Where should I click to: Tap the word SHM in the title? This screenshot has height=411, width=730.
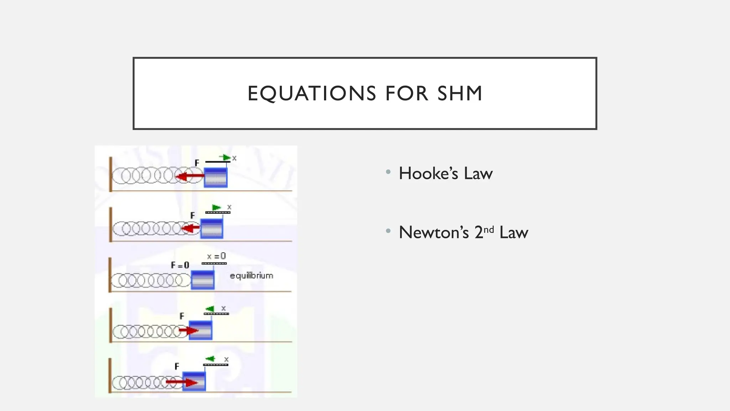[460, 93]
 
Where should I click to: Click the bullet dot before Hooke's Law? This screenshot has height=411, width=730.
[388, 172]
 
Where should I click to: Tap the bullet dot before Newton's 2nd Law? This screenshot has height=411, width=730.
[388, 231]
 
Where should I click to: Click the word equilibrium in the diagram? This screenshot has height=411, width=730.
[252, 276]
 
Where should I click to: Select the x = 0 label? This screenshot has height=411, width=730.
[216, 256]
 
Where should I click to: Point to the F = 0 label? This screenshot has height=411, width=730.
[180, 265]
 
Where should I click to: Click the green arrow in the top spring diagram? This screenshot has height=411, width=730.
[225, 157]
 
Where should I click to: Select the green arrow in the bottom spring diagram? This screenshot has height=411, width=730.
[210, 359]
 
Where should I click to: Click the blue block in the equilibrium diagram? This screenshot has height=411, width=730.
[202, 280]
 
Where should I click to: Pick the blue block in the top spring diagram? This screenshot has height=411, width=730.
[216, 177]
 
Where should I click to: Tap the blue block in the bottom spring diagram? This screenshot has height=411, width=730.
[194, 381]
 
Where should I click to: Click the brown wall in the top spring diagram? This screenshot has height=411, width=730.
[110, 174]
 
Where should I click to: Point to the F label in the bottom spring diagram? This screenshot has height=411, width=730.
[177, 366]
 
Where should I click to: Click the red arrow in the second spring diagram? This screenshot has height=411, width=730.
[191, 228]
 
